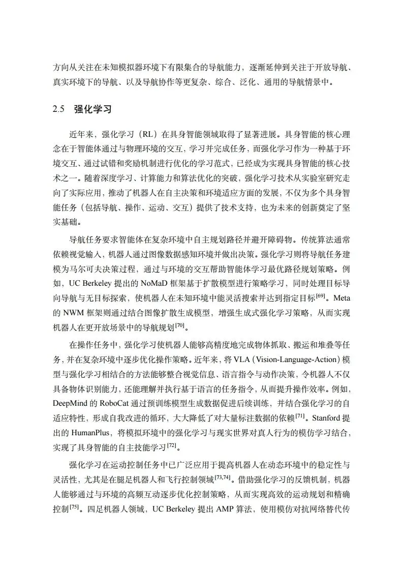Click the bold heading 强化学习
[x=92, y=109]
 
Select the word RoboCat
[x=121, y=403]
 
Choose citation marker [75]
[x=74, y=507]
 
